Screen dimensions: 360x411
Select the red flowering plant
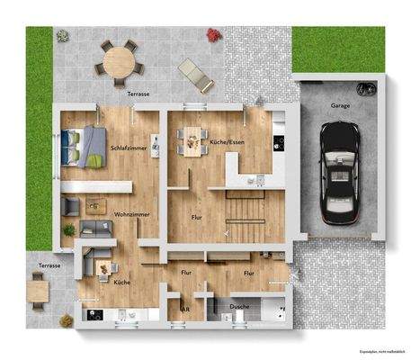(214, 35)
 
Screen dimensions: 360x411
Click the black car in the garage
(339, 176)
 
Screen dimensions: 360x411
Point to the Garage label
(340, 105)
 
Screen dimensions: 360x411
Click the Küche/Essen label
(228, 142)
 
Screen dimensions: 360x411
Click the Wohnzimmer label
(131, 214)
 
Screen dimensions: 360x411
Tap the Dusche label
(239, 308)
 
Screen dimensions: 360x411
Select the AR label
(185, 309)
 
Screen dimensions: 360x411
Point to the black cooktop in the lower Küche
(94, 314)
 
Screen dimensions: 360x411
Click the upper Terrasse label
(138, 93)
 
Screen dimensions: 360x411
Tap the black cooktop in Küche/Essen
(279, 141)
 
